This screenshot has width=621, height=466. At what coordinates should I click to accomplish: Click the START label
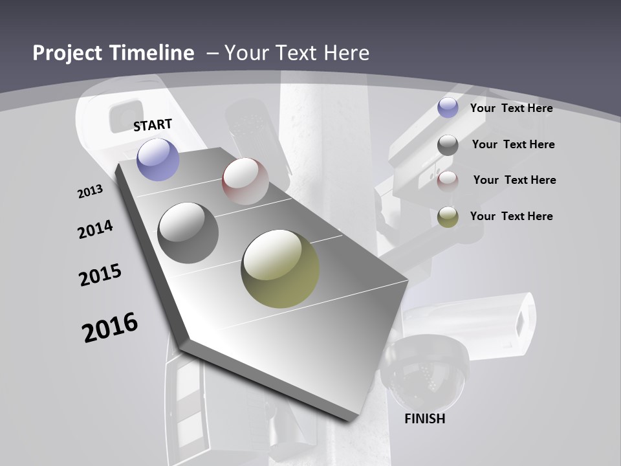[153, 125]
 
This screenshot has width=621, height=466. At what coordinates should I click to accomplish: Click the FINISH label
[425, 419]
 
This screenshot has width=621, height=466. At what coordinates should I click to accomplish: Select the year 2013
[91, 192]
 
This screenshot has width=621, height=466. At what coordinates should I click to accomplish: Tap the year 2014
[96, 230]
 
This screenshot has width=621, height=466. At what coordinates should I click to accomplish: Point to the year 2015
[100, 275]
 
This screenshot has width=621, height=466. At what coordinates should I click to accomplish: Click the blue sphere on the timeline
[158, 159]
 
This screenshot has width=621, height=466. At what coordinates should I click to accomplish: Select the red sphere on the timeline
[245, 181]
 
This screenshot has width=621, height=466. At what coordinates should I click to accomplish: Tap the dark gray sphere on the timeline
[188, 233]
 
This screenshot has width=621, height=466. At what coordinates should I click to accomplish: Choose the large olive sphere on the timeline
[280, 269]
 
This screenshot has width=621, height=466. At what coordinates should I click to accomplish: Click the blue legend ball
[448, 108]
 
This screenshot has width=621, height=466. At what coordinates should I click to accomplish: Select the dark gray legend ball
[448, 145]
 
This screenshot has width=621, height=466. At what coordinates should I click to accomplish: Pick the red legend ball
[448, 181]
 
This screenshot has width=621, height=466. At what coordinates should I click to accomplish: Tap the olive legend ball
[448, 217]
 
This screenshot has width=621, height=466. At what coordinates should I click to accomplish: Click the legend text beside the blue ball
[511, 108]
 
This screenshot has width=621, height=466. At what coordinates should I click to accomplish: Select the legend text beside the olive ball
[511, 216]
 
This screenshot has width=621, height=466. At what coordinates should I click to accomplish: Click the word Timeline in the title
[153, 53]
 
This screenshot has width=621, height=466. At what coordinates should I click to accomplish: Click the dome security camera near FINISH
[424, 372]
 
